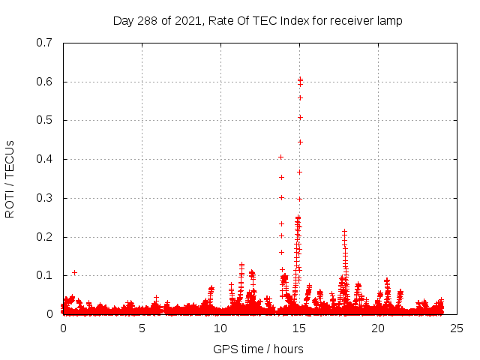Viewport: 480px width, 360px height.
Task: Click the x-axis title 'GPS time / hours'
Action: point(258,349)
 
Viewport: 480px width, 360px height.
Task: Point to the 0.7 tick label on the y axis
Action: point(43,43)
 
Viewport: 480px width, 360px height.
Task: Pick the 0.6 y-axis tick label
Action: point(43,82)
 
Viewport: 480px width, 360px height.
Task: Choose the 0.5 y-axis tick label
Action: point(43,120)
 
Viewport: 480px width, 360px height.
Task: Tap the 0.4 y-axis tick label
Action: point(43,159)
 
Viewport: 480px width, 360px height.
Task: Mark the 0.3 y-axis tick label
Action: point(43,198)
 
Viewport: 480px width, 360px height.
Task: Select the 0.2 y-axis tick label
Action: point(43,237)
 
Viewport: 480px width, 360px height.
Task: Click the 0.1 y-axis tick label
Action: point(43,275)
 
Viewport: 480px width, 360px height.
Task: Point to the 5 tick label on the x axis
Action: point(142,328)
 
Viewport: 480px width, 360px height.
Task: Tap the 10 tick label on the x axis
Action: point(220,328)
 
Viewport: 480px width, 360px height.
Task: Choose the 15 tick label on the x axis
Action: point(299,328)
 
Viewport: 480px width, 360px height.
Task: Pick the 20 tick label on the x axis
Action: point(378,328)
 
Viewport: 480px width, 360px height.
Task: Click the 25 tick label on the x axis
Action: point(457,328)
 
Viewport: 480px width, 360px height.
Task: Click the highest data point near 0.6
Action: point(300,79)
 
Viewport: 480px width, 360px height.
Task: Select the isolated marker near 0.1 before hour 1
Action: point(74,272)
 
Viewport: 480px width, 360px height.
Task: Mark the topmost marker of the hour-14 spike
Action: point(281,157)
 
